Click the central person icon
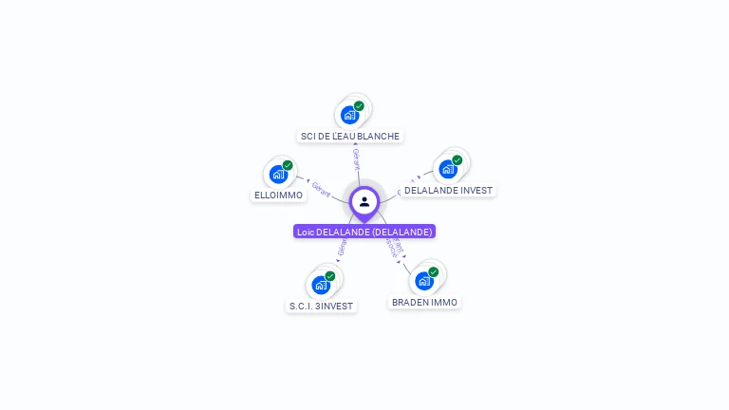tap(364, 201)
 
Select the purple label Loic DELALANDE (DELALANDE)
tap(364, 232)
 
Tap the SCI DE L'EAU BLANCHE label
tap(349, 136)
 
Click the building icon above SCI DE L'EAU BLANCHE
tap(350, 115)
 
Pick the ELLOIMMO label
tap(278, 195)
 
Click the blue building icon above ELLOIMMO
tap(278, 174)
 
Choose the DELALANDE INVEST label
tap(448, 190)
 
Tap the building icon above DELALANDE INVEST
tap(448, 169)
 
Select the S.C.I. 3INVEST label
tap(321, 306)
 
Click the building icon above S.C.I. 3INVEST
tap(321, 284)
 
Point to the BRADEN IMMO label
tap(424, 302)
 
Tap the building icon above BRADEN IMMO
tap(423, 280)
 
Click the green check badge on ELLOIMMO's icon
tap(288, 165)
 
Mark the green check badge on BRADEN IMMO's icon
tap(433, 271)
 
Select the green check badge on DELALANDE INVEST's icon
tap(457, 160)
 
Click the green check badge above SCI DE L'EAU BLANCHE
tap(359, 106)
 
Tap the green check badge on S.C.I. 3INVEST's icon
tap(330, 275)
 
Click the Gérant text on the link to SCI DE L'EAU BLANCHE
tap(356, 158)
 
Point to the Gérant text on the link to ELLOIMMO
tap(321, 189)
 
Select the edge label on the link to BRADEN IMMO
tap(395, 250)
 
